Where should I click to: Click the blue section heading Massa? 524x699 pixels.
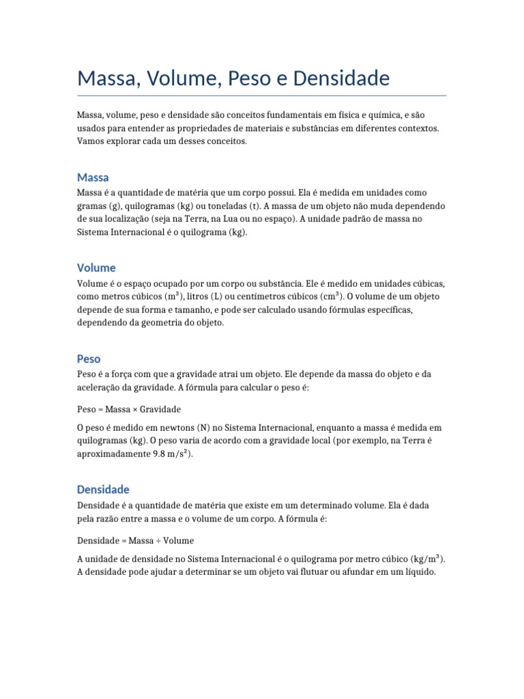tap(93, 177)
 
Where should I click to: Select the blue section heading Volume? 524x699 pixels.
tap(96, 268)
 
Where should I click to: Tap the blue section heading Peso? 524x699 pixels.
tap(89, 358)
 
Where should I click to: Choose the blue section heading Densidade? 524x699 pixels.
tap(103, 489)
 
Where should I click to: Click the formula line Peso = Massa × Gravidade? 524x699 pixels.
tap(129, 410)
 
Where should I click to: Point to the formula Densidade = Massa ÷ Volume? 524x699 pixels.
tap(135, 541)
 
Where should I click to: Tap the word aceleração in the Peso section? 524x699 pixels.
tap(100, 387)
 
